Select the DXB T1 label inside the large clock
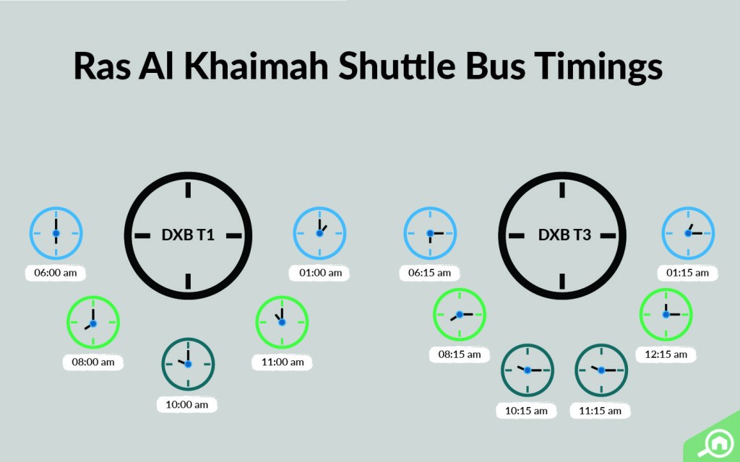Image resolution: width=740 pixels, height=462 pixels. (x=188, y=235)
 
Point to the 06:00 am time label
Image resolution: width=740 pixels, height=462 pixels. (x=56, y=274)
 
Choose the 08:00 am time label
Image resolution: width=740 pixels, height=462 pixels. (x=93, y=362)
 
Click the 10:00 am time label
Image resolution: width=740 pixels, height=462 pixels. (x=187, y=404)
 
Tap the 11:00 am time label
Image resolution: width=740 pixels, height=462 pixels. (x=282, y=362)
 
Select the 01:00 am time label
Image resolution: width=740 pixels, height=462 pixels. (x=319, y=274)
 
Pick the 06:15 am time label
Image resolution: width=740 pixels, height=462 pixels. (x=429, y=273)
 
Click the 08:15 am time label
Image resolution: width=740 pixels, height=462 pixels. (x=460, y=354)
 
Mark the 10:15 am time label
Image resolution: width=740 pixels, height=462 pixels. (x=526, y=411)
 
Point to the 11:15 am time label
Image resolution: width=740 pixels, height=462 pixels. (x=600, y=411)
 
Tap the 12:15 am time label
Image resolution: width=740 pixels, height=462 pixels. (x=666, y=354)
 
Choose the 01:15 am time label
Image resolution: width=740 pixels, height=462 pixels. (x=687, y=273)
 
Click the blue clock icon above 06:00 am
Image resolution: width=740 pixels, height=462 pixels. (x=56, y=234)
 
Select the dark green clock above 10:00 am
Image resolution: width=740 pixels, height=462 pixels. (x=188, y=364)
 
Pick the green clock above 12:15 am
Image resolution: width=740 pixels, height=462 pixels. (x=666, y=314)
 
